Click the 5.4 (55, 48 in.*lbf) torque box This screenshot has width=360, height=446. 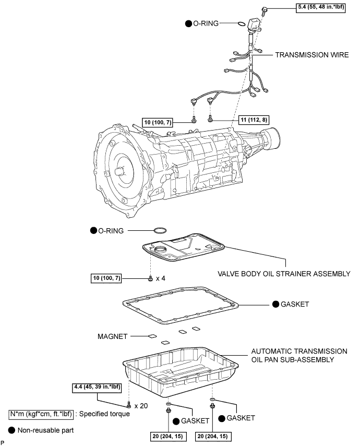point(321,7)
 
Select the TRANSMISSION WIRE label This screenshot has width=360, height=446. point(311,55)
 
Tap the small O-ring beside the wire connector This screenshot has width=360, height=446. point(241,24)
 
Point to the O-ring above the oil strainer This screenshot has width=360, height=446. point(160,230)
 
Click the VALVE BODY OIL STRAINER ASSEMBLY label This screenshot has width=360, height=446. point(284,274)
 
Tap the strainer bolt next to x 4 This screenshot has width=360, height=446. point(150,279)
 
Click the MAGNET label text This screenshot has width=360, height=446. point(113,336)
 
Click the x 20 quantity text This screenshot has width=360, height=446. point(141,406)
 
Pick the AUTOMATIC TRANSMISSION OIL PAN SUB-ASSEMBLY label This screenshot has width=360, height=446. point(299,355)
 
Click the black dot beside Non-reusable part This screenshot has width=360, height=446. point(11,430)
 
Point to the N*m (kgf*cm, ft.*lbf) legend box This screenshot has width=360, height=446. point(41,414)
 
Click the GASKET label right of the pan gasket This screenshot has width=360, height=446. point(295,304)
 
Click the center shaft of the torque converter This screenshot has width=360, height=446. point(119,172)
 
